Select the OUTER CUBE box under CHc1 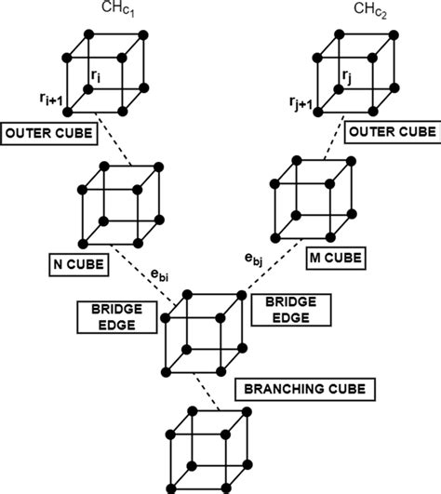[x=49, y=133]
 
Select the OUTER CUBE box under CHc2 [x=391, y=133]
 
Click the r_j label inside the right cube [x=346, y=73]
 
